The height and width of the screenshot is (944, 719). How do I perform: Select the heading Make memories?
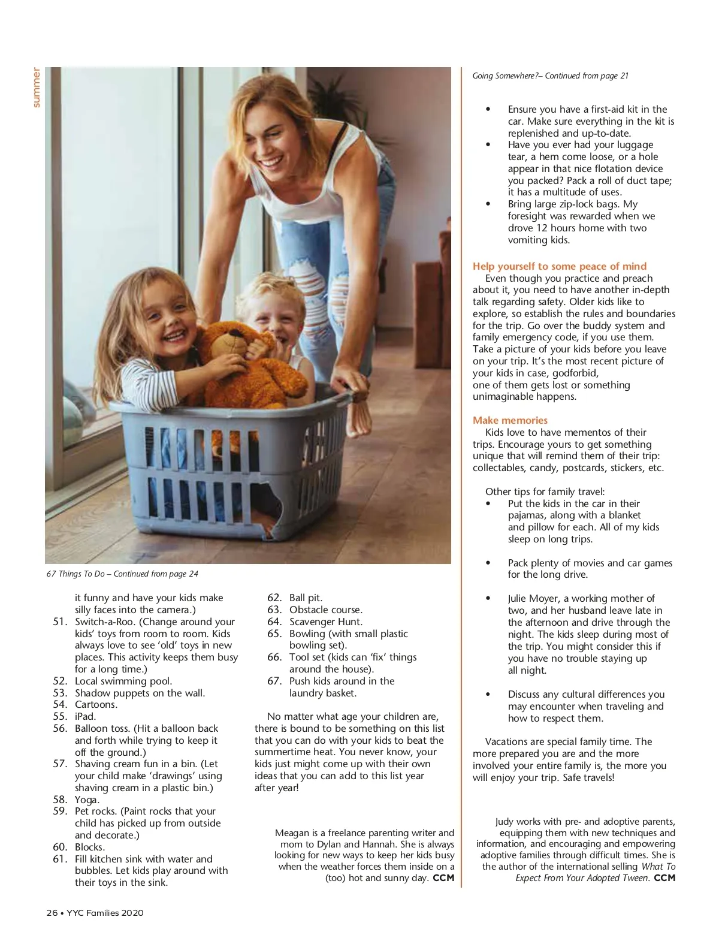click(510, 420)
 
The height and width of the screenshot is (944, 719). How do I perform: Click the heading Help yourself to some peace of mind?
click(559, 266)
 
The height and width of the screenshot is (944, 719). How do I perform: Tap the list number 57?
click(59, 764)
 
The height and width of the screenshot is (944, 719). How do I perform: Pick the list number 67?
click(274, 681)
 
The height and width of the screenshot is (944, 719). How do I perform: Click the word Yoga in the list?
click(86, 800)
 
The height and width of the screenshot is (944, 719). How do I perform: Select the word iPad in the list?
click(85, 716)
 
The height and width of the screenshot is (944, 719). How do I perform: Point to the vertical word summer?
click(37, 88)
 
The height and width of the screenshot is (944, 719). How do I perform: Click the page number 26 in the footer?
click(52, 913)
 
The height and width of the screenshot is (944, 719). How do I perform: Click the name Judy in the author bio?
click(504, 821)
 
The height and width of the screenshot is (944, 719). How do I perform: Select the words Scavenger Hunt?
click(325, 622)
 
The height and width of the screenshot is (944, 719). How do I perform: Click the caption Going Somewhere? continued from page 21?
click(550, 76)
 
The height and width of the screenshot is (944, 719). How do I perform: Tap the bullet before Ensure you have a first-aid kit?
click(488, 110)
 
